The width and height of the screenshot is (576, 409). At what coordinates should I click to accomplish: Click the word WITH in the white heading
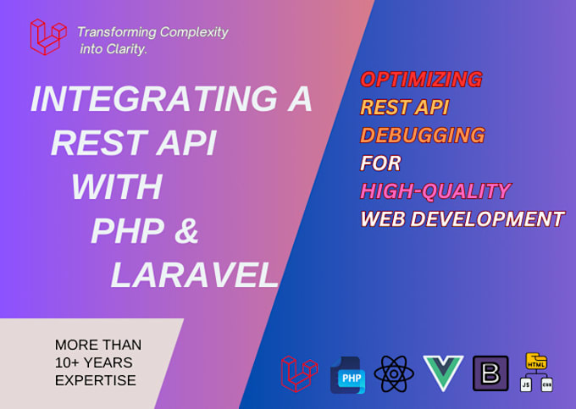pyautogui.click(x=117, y=186)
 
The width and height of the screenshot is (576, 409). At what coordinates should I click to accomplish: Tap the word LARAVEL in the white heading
pyautogui.click(x=194, y=274)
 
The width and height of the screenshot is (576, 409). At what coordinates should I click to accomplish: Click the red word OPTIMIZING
pyautogui.click(x=421, y=80)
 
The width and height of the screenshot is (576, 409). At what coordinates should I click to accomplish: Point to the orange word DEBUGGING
pyautogui.click(x=422, y=135)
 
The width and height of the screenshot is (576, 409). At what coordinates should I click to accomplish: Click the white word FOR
pyautogui.click(x=380, y=163)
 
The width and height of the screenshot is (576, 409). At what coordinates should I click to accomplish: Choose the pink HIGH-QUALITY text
pyautogui.click(x=435, y=191)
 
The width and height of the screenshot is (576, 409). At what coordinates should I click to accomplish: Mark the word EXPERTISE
pyautogui.click(x=95, y=380)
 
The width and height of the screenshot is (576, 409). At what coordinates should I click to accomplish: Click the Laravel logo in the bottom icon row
pyautogui.click(x=300, y=373)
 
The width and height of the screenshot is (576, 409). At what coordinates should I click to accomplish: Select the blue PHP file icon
pyautogui.click(x=347, y=374)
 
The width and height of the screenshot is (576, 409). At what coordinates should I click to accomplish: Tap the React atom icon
pyautogui.click(x=394, y=373)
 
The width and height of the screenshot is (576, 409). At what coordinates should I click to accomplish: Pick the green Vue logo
pyautogui.click(x=443, y=373)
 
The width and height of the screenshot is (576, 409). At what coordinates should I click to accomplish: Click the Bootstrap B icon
pyautogui.click(x=490, y=373)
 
